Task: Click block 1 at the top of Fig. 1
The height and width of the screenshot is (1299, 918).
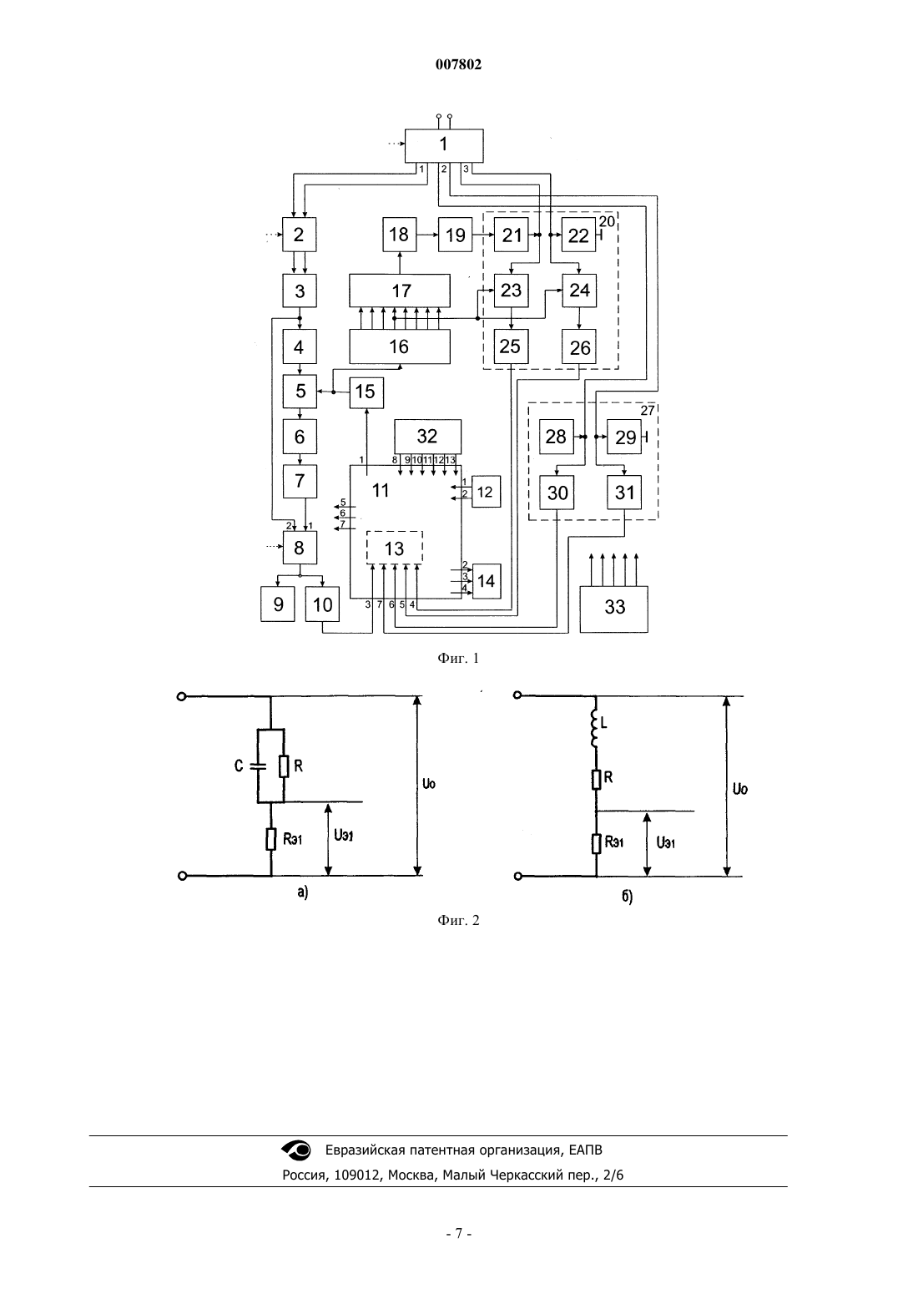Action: [x=443, y=145]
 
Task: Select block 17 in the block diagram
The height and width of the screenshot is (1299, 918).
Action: [x=399, y=291]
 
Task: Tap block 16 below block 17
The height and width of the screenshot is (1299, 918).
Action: [x=399, y=346]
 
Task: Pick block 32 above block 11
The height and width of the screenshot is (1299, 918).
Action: [x=427, y=437]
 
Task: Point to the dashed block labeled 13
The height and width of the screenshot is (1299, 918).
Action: [x=394, y=548]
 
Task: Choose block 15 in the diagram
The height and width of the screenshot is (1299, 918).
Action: [x=366, y=392]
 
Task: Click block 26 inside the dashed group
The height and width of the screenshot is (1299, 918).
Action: [x=579, y=346]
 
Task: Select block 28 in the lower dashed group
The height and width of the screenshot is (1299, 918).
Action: [x=557, y=437]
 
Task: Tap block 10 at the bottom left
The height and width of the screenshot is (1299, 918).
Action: [x=322, y=604]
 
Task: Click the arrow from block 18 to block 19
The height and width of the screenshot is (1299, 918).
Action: [x=427, y=235]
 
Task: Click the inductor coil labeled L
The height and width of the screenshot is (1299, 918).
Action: [x=594, y=730]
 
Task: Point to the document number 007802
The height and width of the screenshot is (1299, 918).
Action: [x=458, y=64]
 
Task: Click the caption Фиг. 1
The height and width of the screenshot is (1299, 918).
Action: [x=458, y=658]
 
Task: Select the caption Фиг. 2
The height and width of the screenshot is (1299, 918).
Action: [x=458, y=920]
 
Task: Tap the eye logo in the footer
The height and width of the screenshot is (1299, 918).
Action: [x=296, y=1150]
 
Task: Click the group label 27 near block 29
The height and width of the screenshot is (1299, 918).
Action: [x=648, y=411]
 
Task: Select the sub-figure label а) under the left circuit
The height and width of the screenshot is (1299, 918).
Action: [x=302, y=892]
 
